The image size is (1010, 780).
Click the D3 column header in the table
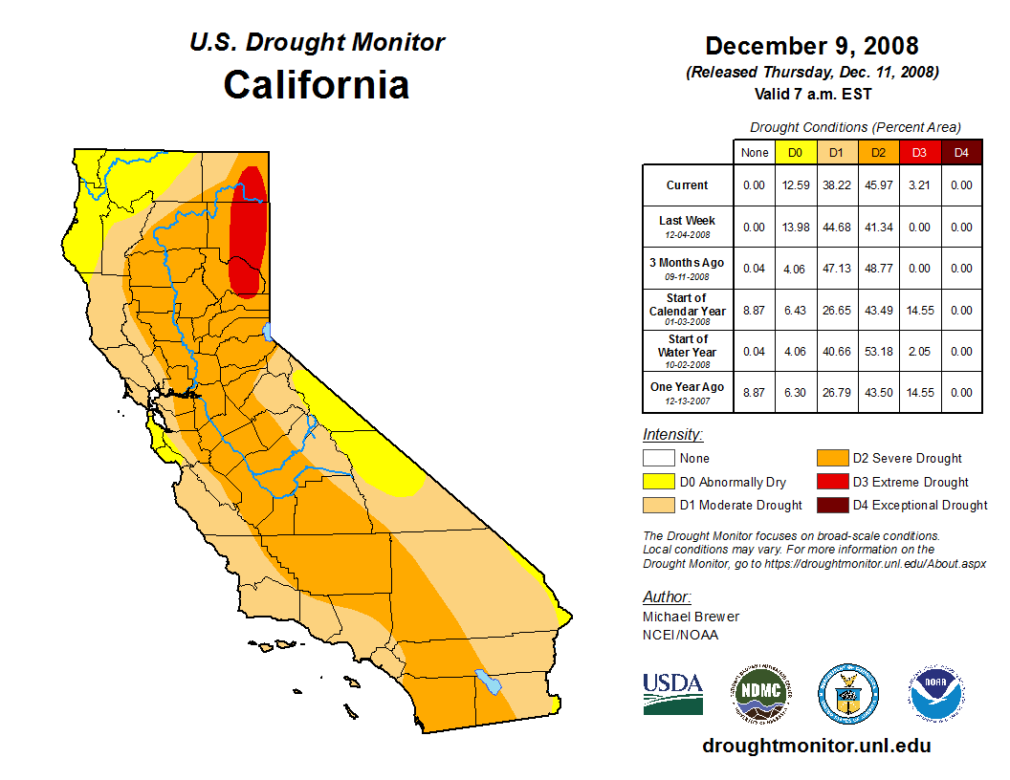919,152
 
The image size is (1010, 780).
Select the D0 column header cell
795,152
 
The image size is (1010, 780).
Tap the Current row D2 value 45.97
878,185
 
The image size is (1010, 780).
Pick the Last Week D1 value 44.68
836,227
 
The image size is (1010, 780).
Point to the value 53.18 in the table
878,352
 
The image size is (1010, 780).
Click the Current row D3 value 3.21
919,185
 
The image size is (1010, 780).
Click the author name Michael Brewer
691,617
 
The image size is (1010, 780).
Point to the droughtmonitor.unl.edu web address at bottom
816,746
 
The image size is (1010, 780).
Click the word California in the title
317,84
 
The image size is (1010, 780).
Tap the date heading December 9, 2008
812,46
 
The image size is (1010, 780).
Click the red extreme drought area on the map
249,229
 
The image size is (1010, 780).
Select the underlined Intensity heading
672,435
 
